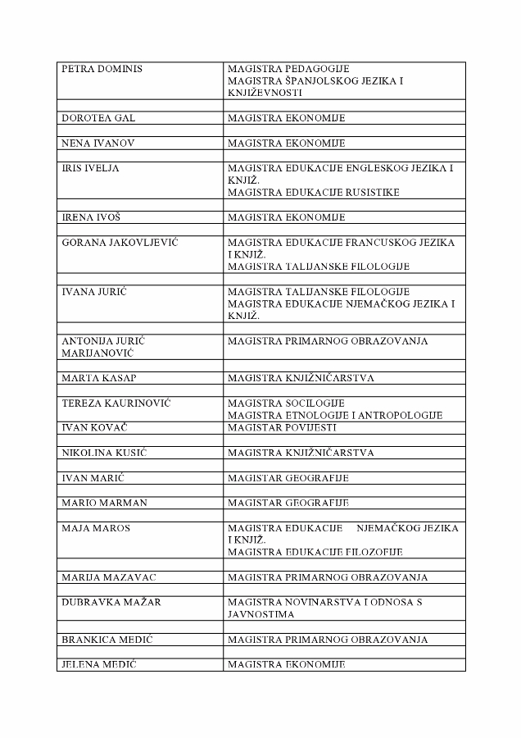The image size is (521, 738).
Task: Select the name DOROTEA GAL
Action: tap(98, 118)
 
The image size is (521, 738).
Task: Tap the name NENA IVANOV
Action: tap(98, 143)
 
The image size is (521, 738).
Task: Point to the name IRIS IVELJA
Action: tap(91, 168)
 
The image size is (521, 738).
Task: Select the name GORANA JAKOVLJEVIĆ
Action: tap(120, 243)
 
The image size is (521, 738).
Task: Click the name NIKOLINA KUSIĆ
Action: tap(104, 453)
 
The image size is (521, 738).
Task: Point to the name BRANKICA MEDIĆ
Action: tap(106, 640)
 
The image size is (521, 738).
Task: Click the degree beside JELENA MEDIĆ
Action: tap(287, 664)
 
